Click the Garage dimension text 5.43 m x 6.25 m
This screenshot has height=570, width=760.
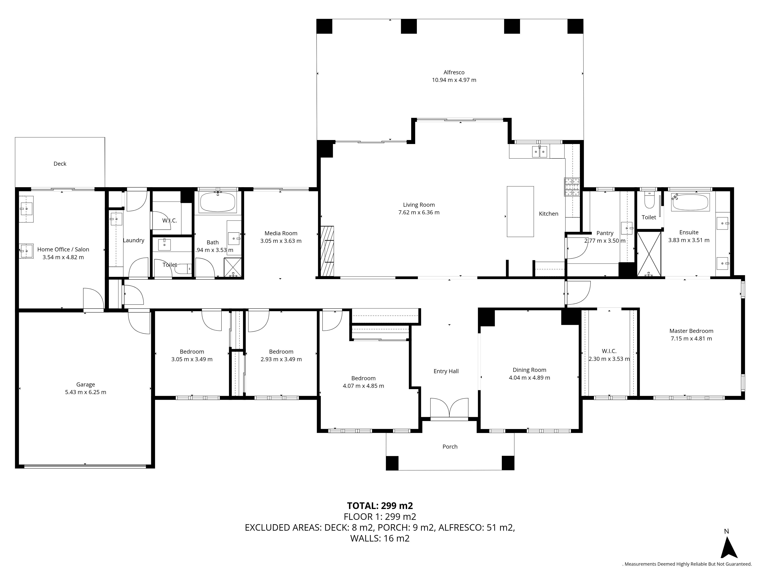85,392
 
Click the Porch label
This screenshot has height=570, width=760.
450,447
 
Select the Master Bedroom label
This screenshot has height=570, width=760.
691,331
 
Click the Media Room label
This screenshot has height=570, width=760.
281,233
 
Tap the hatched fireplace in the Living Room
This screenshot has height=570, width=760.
327,251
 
